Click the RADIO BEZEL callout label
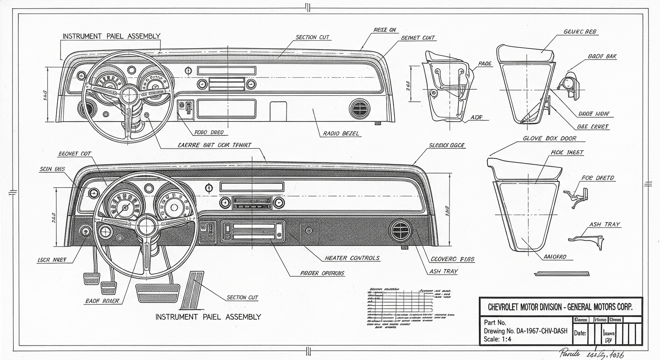point(341,134)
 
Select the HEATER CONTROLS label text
point(352,258)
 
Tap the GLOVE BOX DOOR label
point(549,139)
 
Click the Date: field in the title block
point(580,333)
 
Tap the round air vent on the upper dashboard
point(360,109)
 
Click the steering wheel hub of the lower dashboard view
point(147,225)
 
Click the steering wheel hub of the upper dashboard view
point(128,94)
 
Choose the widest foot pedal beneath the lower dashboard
point(157,293)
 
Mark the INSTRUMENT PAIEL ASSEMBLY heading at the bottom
point(208,317)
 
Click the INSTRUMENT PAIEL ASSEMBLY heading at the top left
point(111,36)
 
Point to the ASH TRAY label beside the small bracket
point(605,225)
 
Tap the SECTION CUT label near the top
point(312,37)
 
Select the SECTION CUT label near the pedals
point(242,297)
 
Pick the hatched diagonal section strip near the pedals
point(192,290)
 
